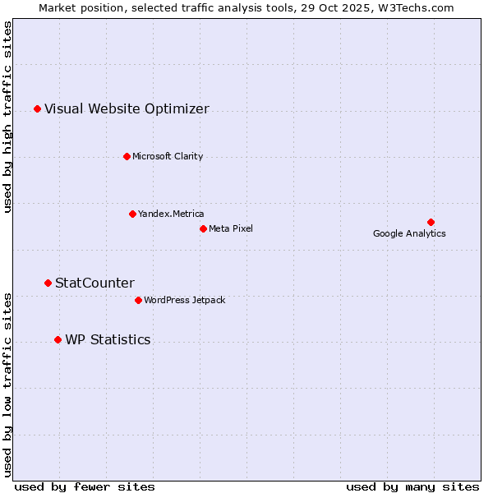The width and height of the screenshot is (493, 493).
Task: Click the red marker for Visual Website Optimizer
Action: pos(37,108)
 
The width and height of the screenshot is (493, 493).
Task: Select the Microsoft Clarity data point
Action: pos(127,156)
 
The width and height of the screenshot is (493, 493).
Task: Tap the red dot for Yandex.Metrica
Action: pos(132,214)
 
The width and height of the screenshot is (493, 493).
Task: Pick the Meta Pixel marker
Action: pos(203,228)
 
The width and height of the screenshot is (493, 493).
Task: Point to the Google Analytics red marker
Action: pos(431,222)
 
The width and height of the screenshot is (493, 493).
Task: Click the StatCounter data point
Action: pos(48,283)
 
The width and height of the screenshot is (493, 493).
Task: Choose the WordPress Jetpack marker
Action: pos(138,300)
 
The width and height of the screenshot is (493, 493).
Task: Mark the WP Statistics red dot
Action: pos(58,339)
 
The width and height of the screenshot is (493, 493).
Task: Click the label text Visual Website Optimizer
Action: pos(127,109)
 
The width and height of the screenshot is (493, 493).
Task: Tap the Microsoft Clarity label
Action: pos(168,156)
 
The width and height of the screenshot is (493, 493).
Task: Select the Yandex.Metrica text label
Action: pos(171,214)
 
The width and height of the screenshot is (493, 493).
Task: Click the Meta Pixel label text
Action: pos(231,228)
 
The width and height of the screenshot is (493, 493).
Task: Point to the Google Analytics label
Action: pos(409,233)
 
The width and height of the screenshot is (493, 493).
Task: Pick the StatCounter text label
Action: pos(94,283)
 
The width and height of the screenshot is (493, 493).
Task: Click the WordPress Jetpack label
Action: pos(184,300)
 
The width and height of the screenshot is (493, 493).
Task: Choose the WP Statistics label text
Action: pos(108,340)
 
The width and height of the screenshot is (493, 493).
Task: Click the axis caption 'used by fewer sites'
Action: pos(85,486)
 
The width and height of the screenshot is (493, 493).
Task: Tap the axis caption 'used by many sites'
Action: pos(412,486)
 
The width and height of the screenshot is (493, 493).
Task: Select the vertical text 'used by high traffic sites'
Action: pos(7,117)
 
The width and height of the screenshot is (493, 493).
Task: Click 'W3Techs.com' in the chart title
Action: pos(419,7)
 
